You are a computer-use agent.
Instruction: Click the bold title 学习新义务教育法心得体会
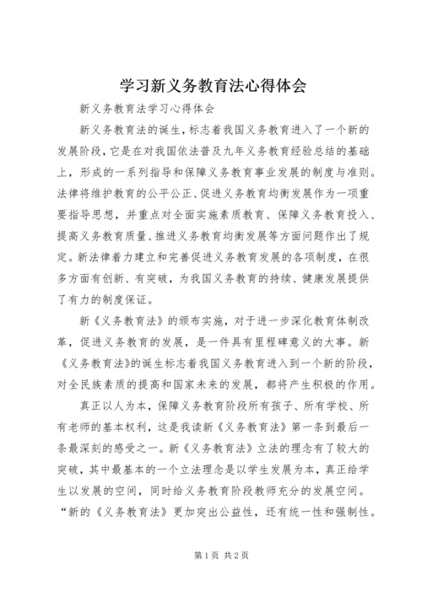click(x=210, y=85)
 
